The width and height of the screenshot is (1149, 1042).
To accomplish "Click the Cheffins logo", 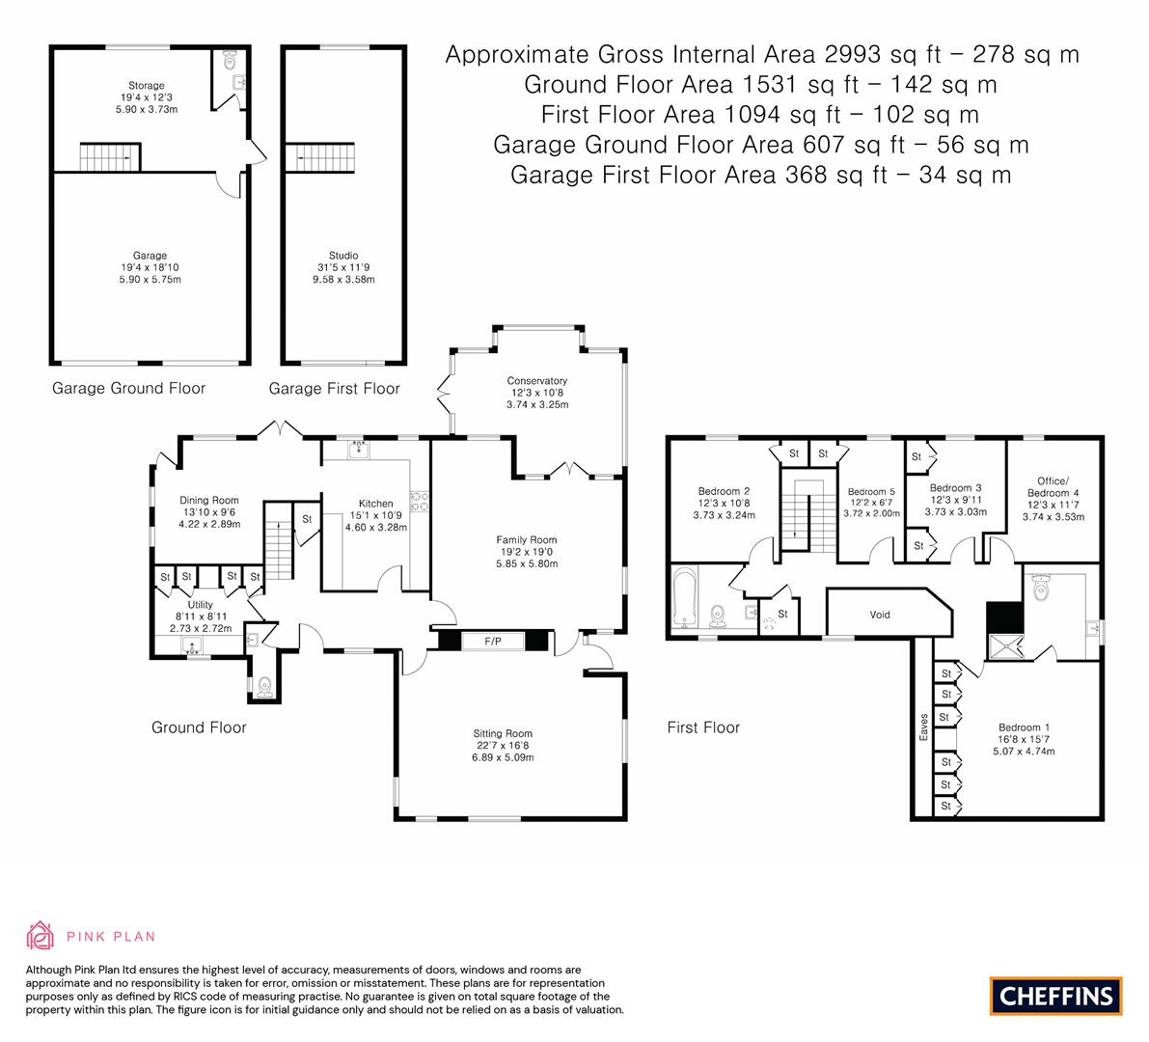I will (1056, 996).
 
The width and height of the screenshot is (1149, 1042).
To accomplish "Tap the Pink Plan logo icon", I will (40, 935).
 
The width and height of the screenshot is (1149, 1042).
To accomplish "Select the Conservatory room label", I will (536, 380).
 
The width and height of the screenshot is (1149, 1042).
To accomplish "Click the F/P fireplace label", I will (492, 641).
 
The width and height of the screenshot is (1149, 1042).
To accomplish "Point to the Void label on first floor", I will (880, 615).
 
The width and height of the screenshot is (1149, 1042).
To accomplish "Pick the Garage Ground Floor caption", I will (128, 388).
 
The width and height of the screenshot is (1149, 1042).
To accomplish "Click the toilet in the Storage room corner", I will (230, 61).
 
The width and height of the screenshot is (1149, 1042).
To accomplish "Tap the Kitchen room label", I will (375, 504).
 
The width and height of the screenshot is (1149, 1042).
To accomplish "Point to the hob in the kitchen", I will (421, 500).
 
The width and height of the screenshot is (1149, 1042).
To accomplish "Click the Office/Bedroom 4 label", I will (1053, 487).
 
